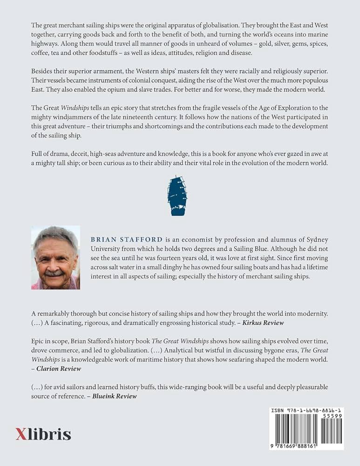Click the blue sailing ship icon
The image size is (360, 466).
click(x=177, y=195)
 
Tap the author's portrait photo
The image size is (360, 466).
click(x=55, y=258)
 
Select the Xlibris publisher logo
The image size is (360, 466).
click(x=43, y=434)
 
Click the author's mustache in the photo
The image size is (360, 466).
click(x=54, y=272)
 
